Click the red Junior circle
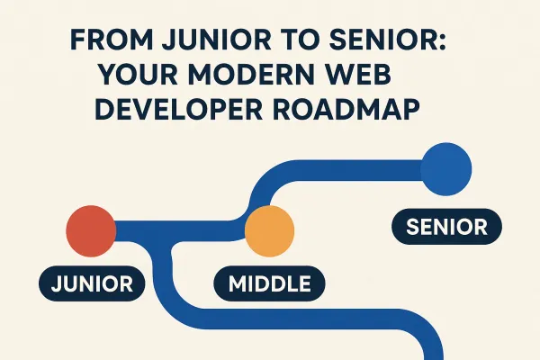coord(90,230)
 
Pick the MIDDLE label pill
coord(269,284)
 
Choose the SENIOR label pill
coord(447,227)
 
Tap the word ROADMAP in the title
coord(352,109)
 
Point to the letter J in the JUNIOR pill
coord(56,284)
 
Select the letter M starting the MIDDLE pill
coord(238,284)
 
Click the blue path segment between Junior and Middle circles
coord(180,235)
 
